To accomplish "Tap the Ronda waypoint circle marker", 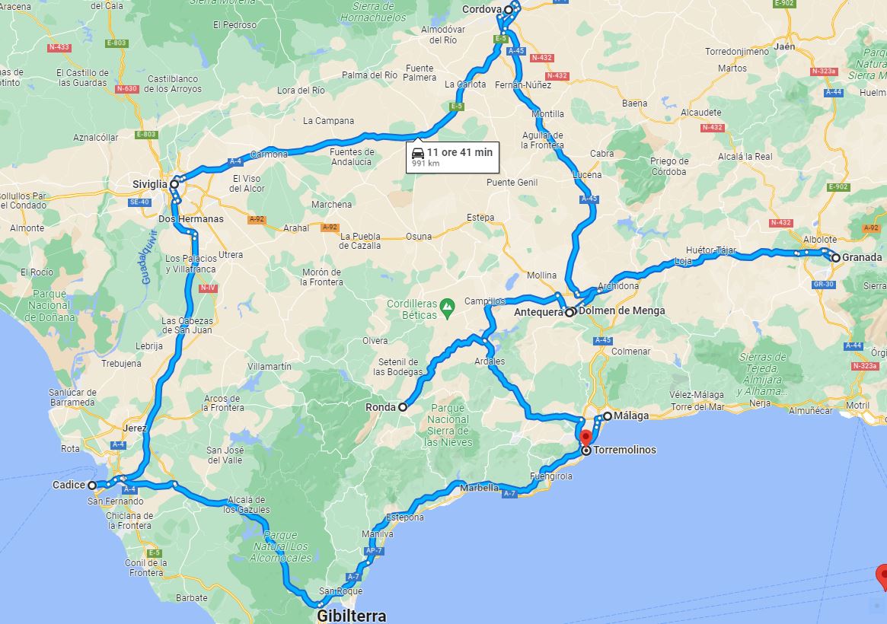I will pos(403,407).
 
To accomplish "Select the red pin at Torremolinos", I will pos(585,439).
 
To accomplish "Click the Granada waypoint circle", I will pos(835,258).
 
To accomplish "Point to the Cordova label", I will pos(483,9).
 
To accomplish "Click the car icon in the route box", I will pos(418,152).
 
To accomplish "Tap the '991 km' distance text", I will pos(426,164).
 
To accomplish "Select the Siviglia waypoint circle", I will pos(174,184).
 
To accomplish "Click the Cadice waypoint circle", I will pos(92,485).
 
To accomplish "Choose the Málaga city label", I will pos(631,415).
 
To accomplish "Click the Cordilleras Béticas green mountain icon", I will pos(448,304).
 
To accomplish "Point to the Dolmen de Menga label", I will pos(621,310).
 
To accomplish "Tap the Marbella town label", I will pos(479,488).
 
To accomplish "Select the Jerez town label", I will pos(134,428).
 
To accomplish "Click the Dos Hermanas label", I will pos(190,219).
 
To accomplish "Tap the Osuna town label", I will pos(419,236).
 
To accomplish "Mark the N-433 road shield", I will pos(59,47).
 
